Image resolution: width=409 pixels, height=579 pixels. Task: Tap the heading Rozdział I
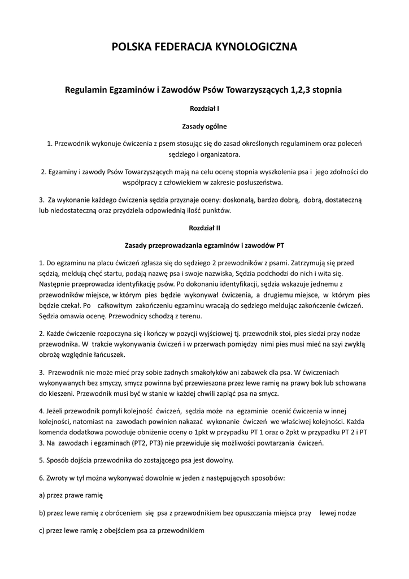pyautogui.click(x=204, y=108)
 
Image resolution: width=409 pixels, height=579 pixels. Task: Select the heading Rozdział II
pyautogui.click(x=204, y=228)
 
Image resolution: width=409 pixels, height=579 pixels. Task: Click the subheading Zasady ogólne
pyautogui.click(x=204, y=126)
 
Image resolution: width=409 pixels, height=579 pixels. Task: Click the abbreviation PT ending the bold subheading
pyautogui.click(x=279, y=246)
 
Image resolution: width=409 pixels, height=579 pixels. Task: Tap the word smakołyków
pyautogui.click(x=181, y=373)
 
